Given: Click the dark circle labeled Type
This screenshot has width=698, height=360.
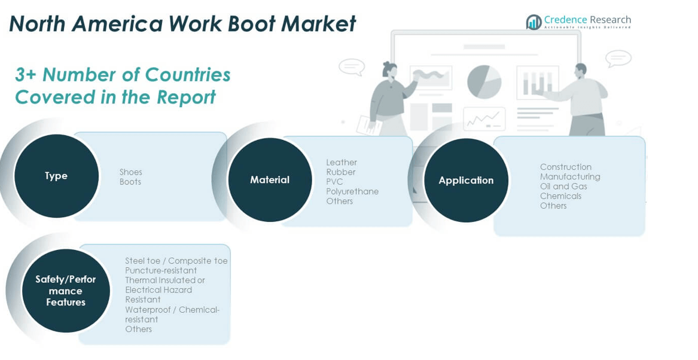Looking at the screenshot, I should click(x=56, y=176).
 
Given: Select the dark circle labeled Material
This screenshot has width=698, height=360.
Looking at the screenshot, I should click(x=270, y=180).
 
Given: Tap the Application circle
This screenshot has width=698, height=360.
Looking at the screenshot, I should click(x=466, y=181).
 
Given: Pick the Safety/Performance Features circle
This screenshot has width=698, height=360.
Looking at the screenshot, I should click(x=66, y=291).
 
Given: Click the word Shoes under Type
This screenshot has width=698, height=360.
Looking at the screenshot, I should click(x=130, y=172).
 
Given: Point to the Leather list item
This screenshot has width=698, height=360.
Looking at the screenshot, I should click(x=342, y=163).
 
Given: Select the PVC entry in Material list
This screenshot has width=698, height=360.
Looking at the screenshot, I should click(x=334, y=182).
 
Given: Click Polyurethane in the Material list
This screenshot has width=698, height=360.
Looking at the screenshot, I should click(x=352, y=191).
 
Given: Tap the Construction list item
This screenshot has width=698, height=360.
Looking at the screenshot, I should click(x=565, y=167).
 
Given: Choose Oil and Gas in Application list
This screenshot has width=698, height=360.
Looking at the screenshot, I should click(x=563, y=186).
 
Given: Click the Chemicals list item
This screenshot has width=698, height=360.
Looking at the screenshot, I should click(x=560, y=196).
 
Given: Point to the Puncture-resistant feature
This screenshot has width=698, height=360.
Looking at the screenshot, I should click(x=161, y=270).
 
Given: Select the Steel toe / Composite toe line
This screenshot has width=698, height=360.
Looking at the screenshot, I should click(x=176, y=261).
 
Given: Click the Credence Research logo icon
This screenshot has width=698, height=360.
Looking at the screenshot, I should click(x=534, y=22).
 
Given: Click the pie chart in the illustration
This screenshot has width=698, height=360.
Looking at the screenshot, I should click(x=484, y=82).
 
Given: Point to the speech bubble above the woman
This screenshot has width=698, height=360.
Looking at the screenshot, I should click(x=352, y=66).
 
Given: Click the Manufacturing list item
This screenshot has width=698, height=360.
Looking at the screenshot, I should click(x=570, y=176).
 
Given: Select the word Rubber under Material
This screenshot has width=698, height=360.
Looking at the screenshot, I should click(x=341, y=172).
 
